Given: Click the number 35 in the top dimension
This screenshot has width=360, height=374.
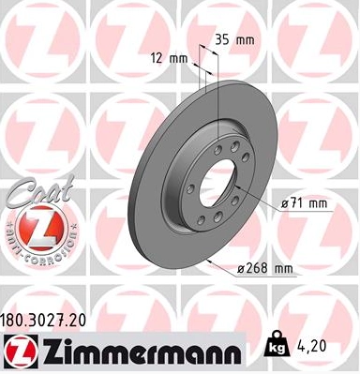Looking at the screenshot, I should tap(221, 40).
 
